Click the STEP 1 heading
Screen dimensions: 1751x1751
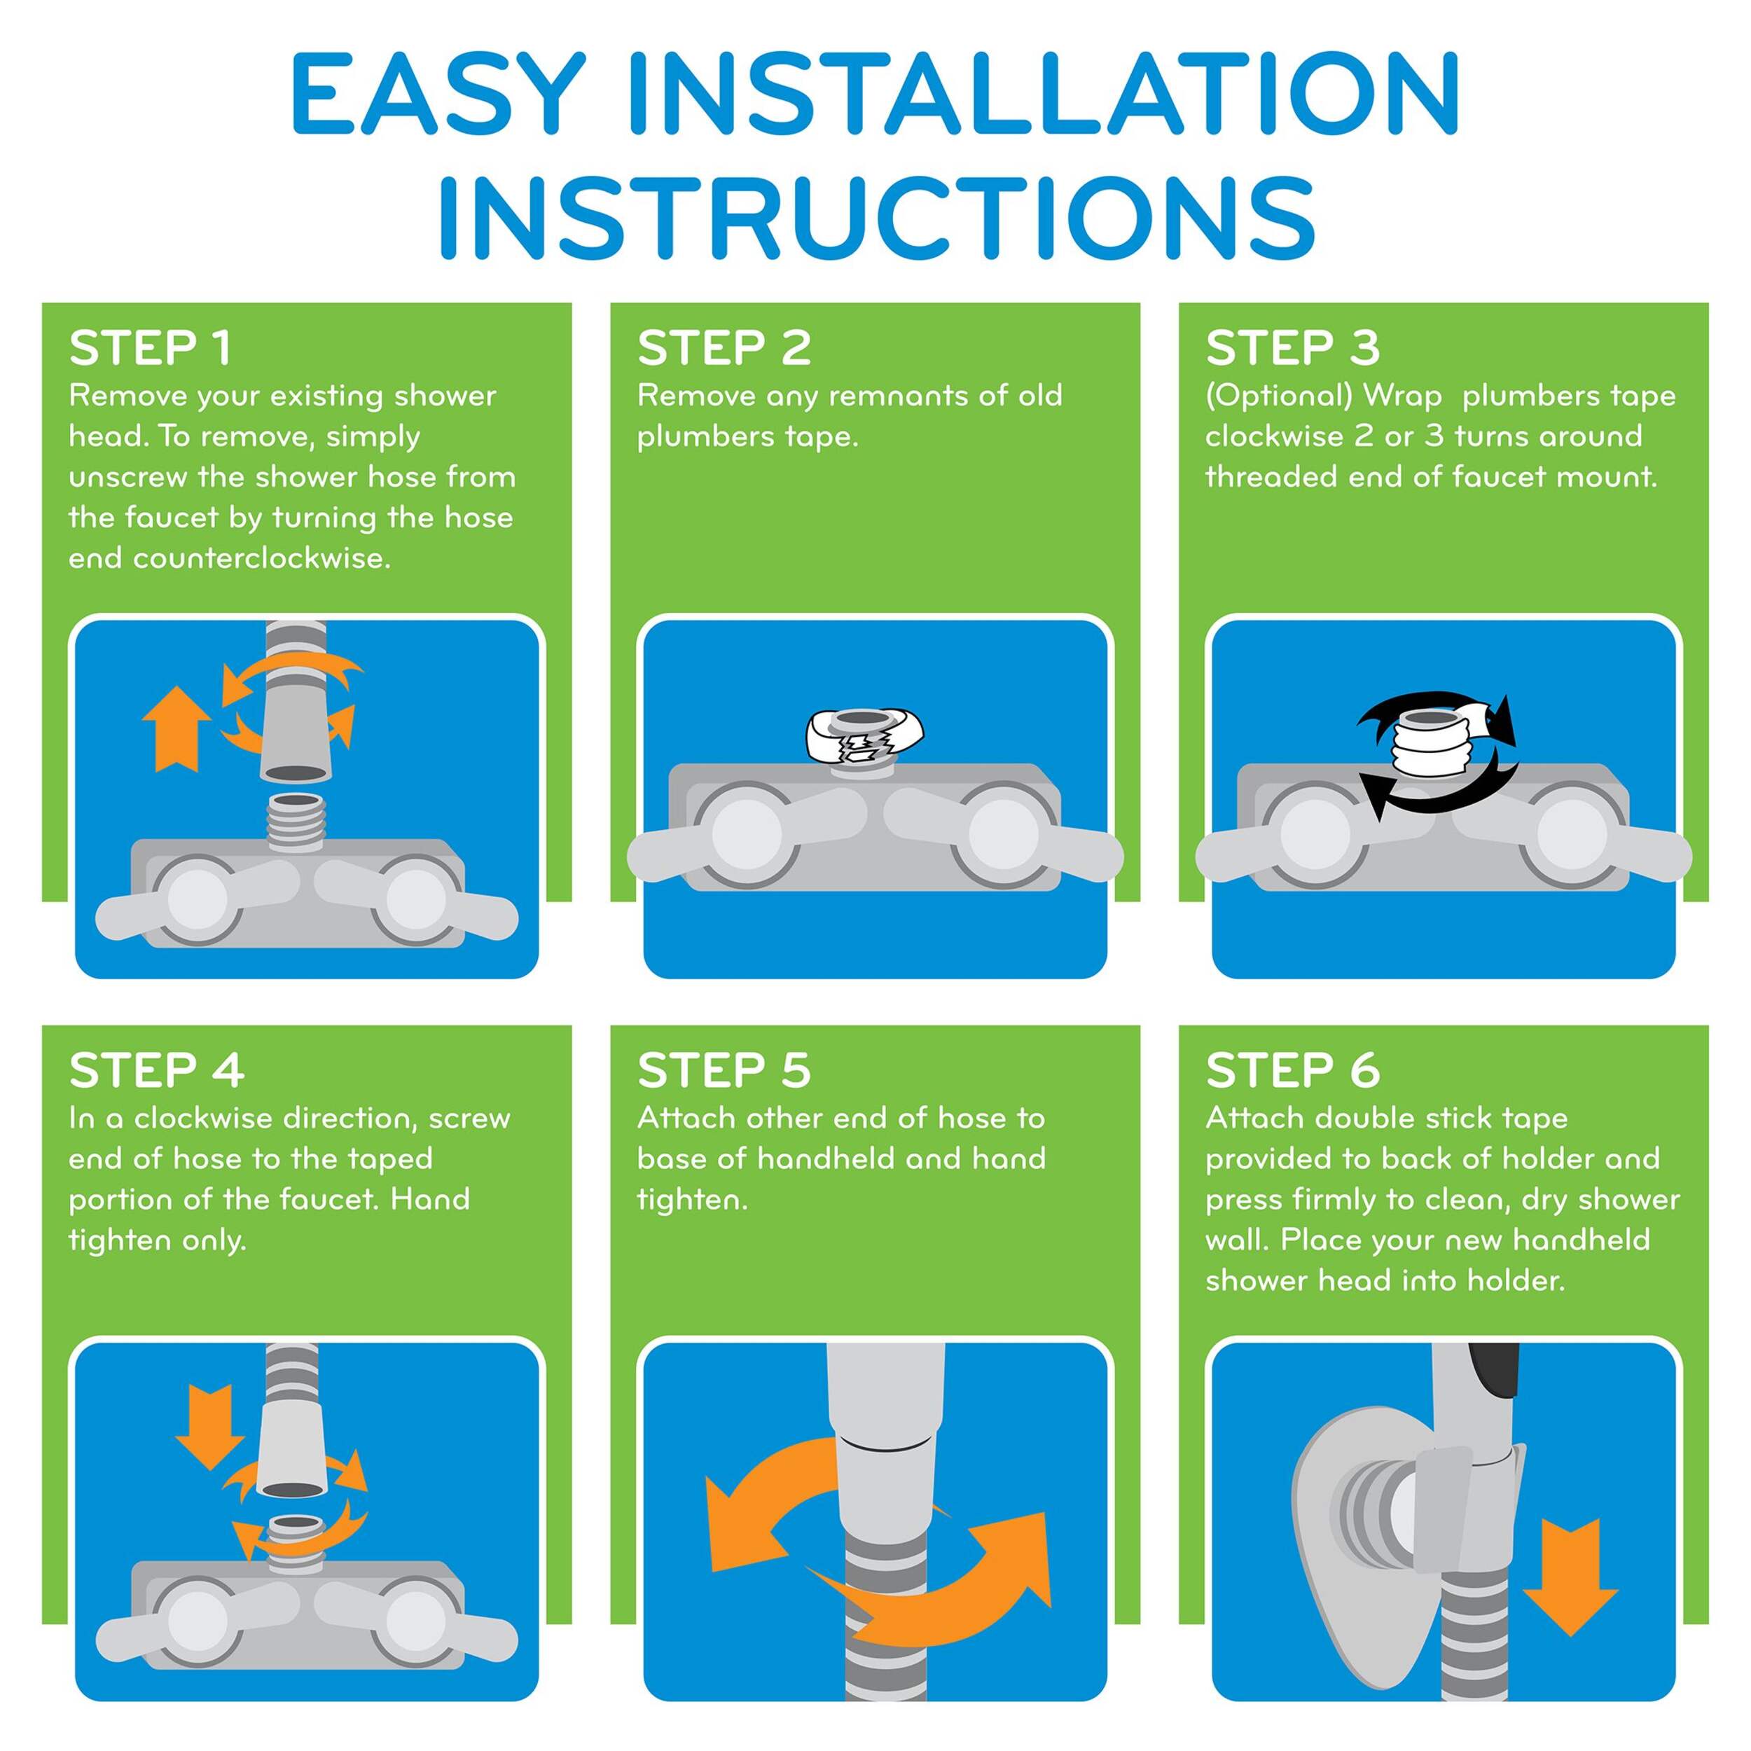pyautogui.click(x=151, y=349)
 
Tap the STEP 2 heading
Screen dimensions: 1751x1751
pyautogui.click(x=724, y=349)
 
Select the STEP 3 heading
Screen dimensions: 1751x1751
pyautogui.click(x=1292, y=349)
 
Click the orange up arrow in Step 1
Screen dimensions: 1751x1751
pyautogui.click(x=177, y=728)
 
